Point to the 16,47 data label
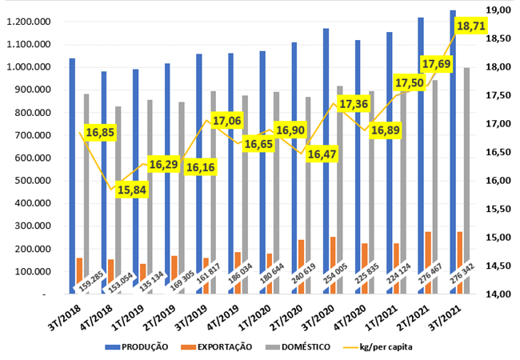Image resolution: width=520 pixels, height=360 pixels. click(322, 154)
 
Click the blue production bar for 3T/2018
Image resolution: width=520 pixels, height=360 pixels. click(72, 176)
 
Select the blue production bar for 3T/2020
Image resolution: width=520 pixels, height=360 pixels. click(326, 160)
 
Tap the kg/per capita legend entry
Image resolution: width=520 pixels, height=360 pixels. click(373, 346)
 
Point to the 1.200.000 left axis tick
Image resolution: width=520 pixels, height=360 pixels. click(30, 22)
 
